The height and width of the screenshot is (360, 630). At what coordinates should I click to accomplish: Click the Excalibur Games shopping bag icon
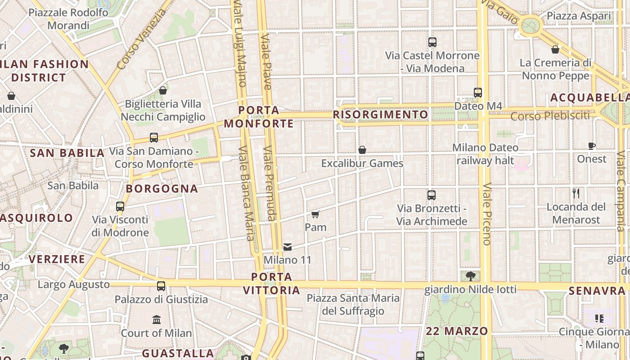362,150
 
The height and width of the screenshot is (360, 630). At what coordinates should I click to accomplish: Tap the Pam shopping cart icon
315,214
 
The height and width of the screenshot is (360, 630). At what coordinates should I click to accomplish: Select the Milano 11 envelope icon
288,247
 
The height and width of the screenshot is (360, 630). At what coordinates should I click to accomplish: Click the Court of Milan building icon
157,320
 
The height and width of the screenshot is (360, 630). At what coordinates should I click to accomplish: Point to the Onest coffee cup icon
592,146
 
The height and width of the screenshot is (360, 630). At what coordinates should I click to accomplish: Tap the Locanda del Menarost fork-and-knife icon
576,194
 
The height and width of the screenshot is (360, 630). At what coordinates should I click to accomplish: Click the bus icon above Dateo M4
478,93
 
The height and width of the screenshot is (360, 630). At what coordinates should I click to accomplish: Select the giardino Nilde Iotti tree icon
471,276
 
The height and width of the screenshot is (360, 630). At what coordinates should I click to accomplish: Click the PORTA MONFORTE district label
259,117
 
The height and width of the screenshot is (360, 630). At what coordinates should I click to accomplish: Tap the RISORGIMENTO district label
381,115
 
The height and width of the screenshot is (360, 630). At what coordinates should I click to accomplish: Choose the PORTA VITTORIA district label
272,283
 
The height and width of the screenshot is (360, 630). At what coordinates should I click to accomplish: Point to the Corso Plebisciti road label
550,116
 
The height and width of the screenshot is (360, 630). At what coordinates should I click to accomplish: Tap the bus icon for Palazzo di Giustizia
161,286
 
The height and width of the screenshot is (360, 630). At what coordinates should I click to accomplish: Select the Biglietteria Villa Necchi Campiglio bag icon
163,90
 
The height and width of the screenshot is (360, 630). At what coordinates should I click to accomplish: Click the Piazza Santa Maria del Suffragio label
353,304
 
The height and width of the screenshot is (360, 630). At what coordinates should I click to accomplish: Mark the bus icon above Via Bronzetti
432,195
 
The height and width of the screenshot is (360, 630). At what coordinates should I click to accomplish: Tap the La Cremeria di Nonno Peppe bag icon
555,49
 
